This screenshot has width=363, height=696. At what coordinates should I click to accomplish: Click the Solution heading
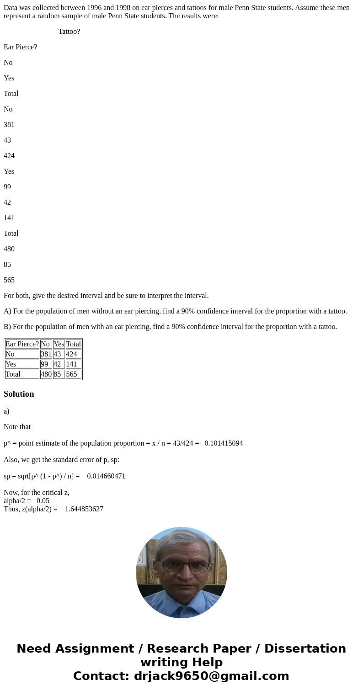[x=19, y=394]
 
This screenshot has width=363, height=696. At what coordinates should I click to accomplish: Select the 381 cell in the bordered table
[x=46, y=354]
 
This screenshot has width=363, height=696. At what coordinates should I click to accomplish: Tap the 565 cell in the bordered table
[x=73, y=374]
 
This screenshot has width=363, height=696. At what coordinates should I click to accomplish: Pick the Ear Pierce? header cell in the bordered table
[x=22, y=344]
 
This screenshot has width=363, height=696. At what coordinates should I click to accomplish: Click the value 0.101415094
[x=224, y=443]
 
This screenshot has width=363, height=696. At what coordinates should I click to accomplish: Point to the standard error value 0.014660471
[x=106, y=476]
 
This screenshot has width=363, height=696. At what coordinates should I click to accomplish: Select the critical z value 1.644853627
[x=84, y=509]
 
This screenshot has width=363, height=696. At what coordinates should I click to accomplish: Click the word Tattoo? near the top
[x=69, y=32]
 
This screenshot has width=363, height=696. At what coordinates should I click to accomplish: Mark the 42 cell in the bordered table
[x=58, y=364]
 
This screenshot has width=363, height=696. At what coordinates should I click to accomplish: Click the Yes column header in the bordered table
[x=59, y=344]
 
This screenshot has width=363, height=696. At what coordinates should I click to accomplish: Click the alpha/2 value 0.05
[x=43, y=501]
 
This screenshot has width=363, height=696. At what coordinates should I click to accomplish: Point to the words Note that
[x=17, y=427]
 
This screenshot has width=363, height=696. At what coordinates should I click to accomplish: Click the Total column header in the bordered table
[x=73, y=344]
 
